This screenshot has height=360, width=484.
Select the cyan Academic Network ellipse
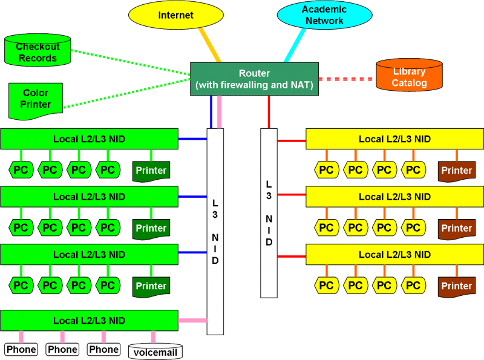click(324, 15)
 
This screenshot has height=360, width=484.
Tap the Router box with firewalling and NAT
click(254, 79)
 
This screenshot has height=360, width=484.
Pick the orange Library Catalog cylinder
click(409, 76)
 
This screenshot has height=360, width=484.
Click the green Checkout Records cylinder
click(38, 51)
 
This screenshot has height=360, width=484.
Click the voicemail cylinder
click(155, 352)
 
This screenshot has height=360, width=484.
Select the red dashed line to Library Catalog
click(345, 79)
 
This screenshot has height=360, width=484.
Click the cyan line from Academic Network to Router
click(294, 45)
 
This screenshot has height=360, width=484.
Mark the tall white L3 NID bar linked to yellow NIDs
click(269, 212)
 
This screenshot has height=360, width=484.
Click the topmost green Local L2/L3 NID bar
click(89, 139)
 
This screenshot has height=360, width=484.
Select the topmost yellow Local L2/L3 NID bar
click(394, 139)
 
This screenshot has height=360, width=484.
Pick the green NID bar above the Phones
click(89, 320)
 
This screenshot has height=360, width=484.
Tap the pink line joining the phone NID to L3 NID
click(192, 320)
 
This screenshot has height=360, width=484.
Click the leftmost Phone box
click(21, 349)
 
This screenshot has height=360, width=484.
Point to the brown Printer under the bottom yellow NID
click(456, 286)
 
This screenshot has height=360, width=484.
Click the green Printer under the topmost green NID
click(151, 171)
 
